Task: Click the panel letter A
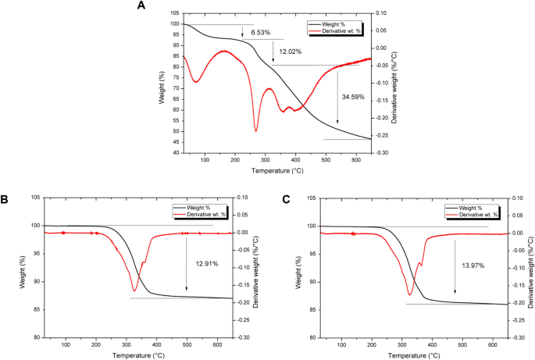point(141,5)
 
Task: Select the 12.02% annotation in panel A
point(291,52)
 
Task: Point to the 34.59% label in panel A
point(353,96)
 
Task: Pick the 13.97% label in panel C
point(473,266)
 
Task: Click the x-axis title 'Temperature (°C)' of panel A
point(276,169)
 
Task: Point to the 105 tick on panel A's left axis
point(173,13)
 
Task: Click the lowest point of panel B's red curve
point(134,292)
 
